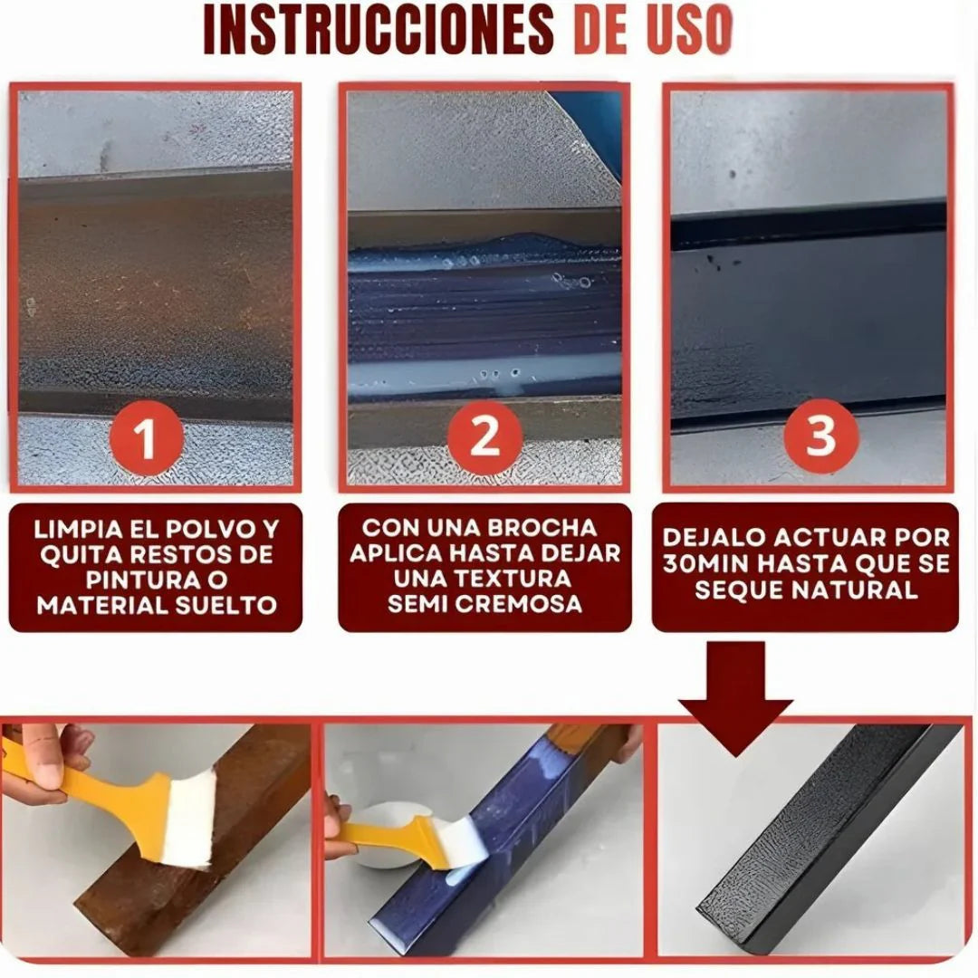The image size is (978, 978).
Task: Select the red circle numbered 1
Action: [145, 439]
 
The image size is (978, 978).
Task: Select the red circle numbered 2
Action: [484, 437]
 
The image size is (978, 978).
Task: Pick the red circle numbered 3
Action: [820, 437]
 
